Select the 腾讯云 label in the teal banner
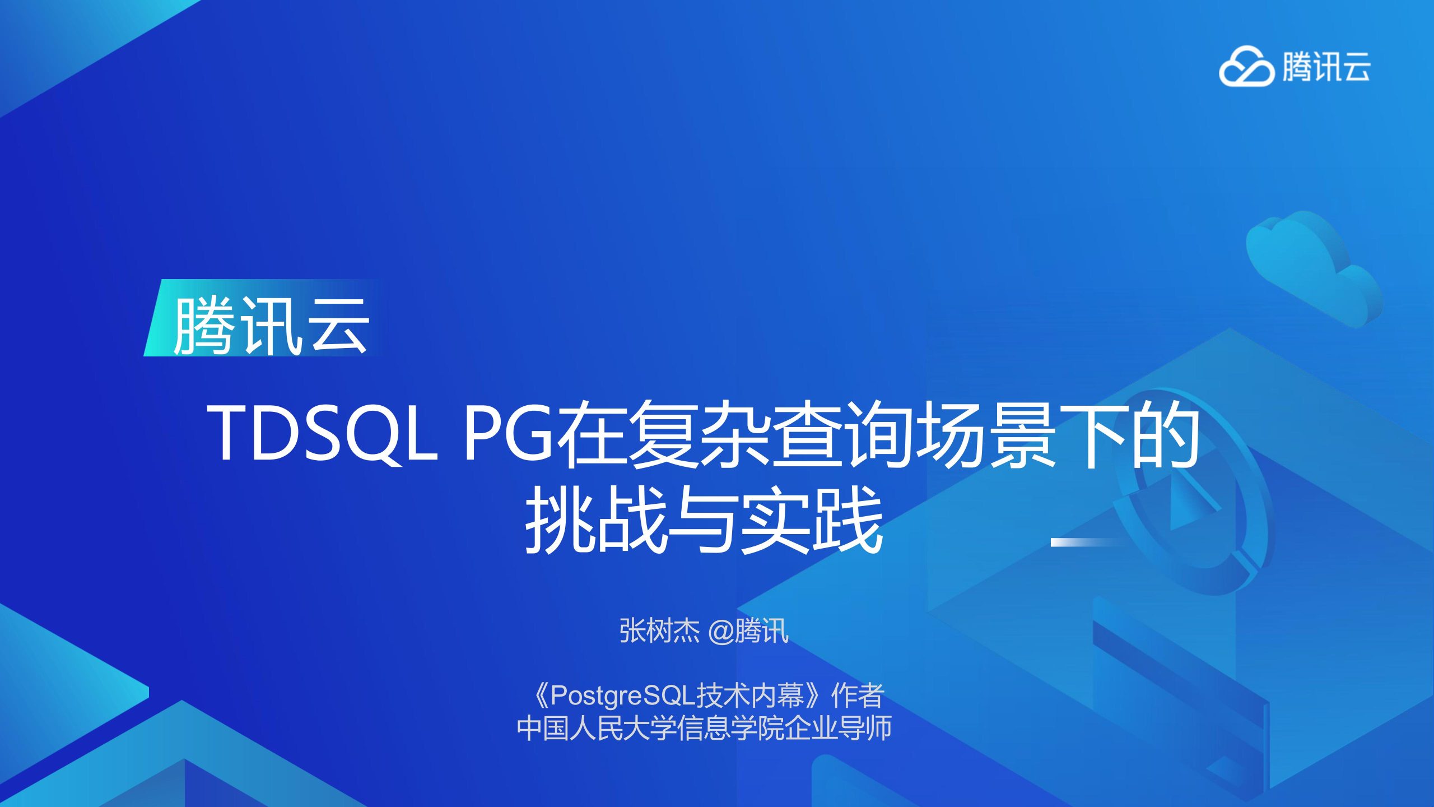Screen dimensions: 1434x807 point(271,326)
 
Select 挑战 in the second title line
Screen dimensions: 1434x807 point(596,520)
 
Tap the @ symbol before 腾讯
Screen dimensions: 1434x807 point(721,632)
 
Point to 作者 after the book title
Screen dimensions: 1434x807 point(857,695)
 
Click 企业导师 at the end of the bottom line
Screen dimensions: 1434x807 point(838,728)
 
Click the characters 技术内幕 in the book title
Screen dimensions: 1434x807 point(750,695)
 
